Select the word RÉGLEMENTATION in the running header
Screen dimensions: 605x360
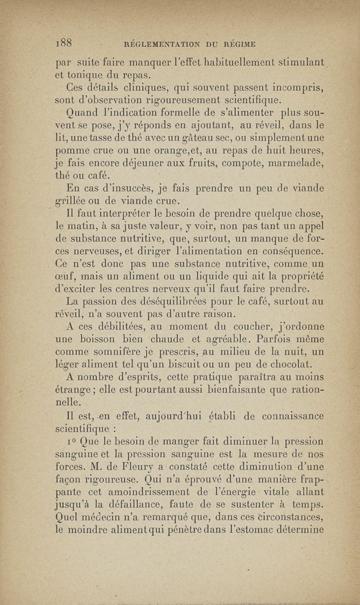tap(160, 44)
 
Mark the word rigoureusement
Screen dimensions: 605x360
tap(181, 99)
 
